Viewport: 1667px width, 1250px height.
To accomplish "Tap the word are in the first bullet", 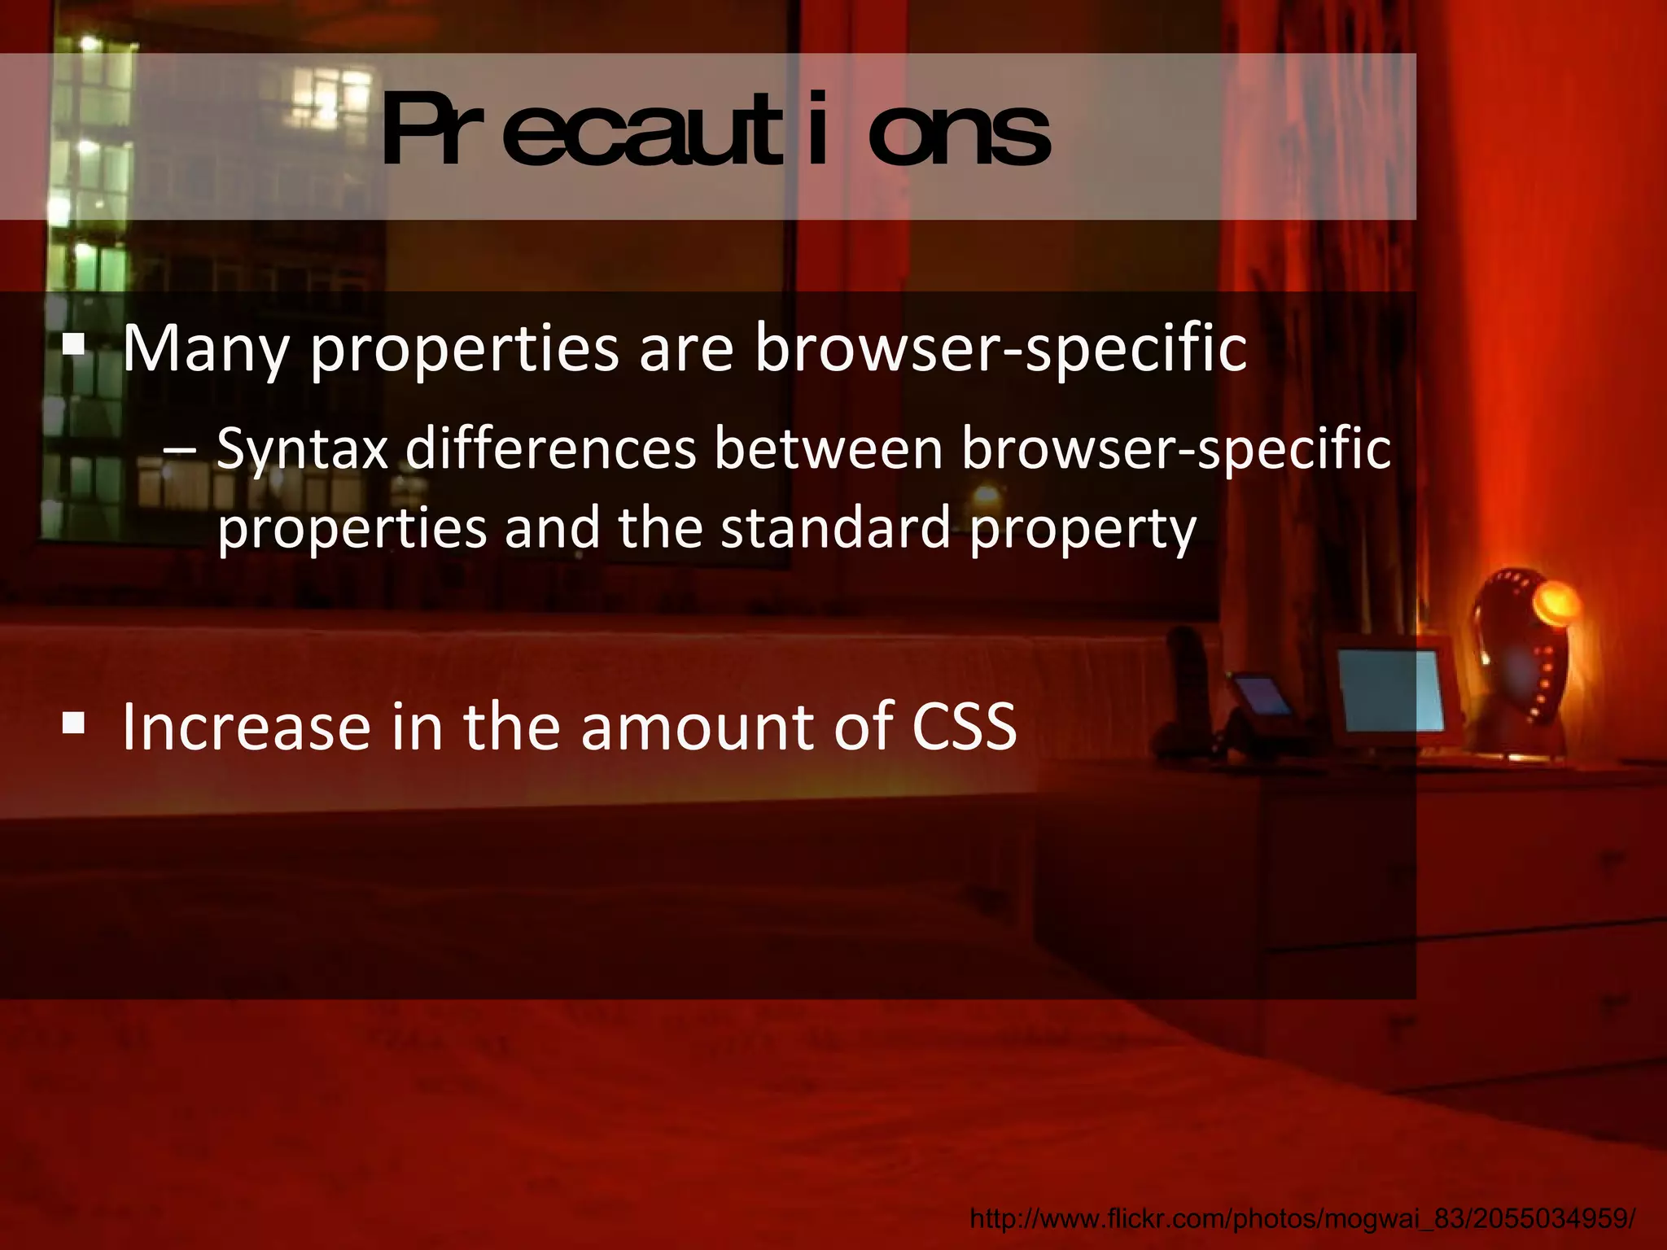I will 686,349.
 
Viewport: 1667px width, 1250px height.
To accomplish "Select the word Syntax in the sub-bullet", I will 302,450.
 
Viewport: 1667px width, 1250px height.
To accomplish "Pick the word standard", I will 835,528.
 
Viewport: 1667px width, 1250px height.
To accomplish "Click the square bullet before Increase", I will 73,721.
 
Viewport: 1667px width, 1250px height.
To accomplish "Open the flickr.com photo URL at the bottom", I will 1302,1218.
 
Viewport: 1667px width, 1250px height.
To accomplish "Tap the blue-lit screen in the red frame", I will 1389,690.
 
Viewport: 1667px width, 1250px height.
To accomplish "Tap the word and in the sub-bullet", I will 553,528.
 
